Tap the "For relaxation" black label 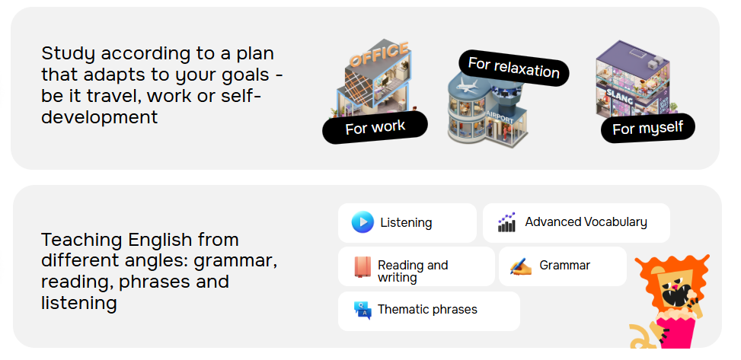514,68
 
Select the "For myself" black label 648,128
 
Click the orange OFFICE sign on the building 379,54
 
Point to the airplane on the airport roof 466,86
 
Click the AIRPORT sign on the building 500,118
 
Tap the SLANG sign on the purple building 620,97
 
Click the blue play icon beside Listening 363,222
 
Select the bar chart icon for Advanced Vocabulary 506,222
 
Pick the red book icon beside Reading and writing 363,267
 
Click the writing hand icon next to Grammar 521,266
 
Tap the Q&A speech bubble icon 363,311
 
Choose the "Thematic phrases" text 427,310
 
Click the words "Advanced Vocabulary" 586,222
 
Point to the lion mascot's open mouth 675,296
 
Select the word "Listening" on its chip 406,222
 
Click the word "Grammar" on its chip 565,266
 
